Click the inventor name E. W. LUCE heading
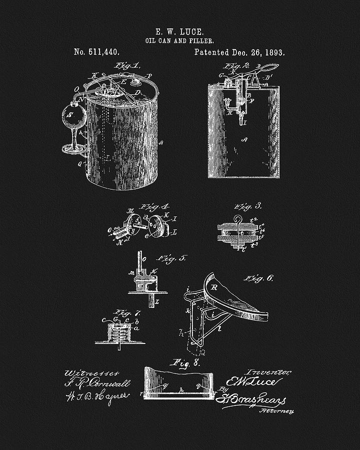pyautogui.click(x=179, y=31)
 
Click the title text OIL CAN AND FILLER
pyautogui.click(x=179, y=40)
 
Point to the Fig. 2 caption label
pyautogui.click(x=243, y=65)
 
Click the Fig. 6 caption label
pyautogui.click(x=259, y=278)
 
